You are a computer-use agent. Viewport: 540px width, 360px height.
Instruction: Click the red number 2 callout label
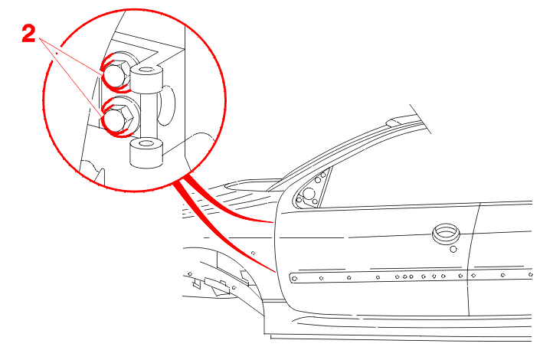pos(28,34)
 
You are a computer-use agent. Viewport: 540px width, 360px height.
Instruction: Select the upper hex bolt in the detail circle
pos(116,74)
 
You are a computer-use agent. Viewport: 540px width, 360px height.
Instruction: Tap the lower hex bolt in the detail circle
pos(117,118)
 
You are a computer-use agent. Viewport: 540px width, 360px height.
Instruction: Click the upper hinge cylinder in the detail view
pos(146,78)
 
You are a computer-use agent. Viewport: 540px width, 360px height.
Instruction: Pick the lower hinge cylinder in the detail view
pos(146,152)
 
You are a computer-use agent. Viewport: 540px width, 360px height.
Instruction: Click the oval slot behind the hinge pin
pos(167,105)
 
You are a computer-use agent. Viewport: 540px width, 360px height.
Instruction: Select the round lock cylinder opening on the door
pos(446,234)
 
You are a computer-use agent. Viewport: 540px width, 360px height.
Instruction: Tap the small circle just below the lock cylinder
pos(453,249)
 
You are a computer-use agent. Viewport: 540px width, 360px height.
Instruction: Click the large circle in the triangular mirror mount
pos(309,193)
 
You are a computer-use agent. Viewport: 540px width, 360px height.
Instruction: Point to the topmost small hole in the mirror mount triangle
pos(323,175)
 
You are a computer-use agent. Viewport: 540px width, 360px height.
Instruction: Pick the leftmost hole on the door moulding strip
pos(294,278)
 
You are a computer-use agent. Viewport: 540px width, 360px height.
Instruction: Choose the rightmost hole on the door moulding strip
pos(530,274)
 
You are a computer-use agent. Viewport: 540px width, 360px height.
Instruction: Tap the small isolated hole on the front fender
pos(254,254)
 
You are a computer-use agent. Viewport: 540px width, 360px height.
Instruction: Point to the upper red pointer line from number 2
pos(70,56)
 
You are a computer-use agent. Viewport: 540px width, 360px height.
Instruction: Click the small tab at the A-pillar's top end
pos(397,122)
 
